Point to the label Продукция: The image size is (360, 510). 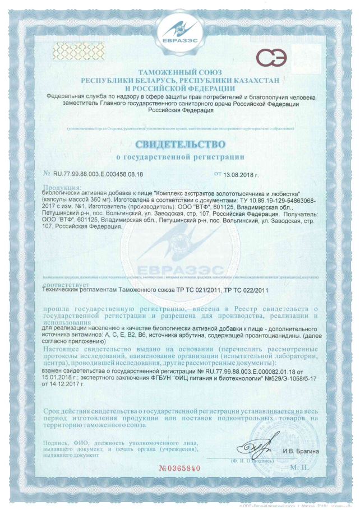(62, 186)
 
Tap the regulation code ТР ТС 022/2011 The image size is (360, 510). (247, 290)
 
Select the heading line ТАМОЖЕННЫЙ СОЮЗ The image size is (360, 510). (179, 73)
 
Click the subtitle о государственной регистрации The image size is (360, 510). (179, 157)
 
